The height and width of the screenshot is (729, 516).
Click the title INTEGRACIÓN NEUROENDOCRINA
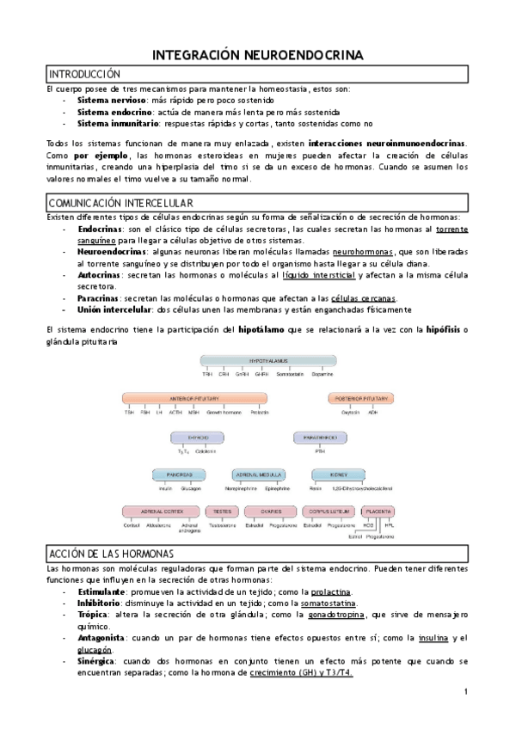(258, 55)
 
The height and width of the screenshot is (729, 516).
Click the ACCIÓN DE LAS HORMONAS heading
(112, 552)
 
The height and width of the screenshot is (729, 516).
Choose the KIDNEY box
(330, 474)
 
